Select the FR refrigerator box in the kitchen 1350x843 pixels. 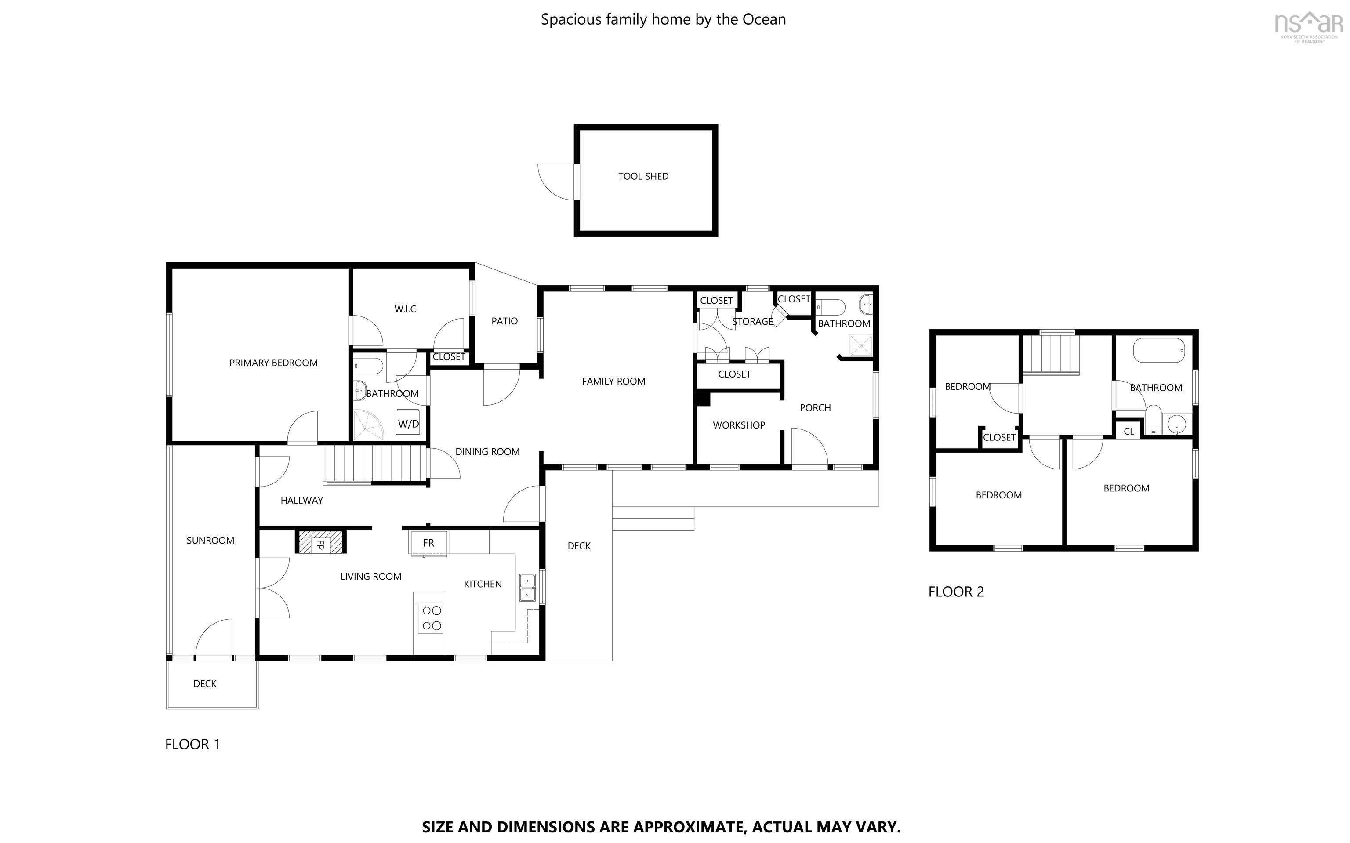point(428,543)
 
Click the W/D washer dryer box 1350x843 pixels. point(408,424)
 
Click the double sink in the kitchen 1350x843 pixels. point(527,588)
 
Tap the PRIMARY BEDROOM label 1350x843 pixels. point(273,363)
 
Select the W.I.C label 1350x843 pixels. point(405,309)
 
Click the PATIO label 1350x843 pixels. point(504,321)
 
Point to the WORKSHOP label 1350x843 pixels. point(739,425)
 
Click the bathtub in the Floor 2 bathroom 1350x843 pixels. point(1159,351)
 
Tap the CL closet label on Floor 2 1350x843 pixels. point(1129,432)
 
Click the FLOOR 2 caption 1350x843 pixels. point(956,592)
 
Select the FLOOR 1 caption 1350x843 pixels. point(192,744)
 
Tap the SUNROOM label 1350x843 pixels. point(210,540)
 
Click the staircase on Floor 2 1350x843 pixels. point(1051,356)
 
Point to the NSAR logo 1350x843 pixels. point(1308,25)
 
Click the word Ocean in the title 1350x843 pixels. point(764,19)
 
